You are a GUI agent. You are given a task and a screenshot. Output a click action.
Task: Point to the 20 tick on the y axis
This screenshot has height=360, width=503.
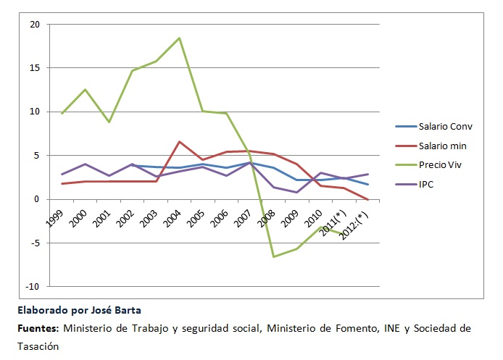(x=34, y=24)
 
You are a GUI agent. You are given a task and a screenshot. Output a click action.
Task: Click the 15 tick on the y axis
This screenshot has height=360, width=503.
(x=34, y=68)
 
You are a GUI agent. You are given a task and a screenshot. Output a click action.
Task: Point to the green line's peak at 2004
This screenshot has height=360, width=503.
(x=180, y=38)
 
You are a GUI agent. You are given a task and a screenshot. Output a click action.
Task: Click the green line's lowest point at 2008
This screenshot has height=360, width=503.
(x=273, y=256)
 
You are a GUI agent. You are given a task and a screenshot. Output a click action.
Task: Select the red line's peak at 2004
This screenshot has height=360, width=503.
(x=180, y=141)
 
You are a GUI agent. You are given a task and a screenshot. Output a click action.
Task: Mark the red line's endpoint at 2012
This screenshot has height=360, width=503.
(x=368, y=199)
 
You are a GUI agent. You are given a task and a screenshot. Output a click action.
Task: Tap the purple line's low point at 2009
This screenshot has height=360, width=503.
(x=297, y=192)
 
